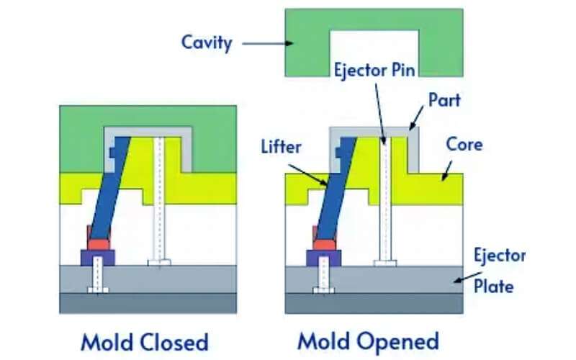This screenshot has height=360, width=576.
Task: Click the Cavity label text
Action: (x=207, y=42)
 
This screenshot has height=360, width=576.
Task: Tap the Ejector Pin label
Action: (x=373, y=71)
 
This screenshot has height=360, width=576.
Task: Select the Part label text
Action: (x=444, y=99)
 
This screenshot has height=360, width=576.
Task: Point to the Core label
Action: (x=464, y=144)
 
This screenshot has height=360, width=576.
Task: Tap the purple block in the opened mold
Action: (x=322, y=257)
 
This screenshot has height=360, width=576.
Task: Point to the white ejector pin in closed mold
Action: (x=158, y=202)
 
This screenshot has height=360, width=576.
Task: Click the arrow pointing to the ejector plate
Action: (x=458, y=275)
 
